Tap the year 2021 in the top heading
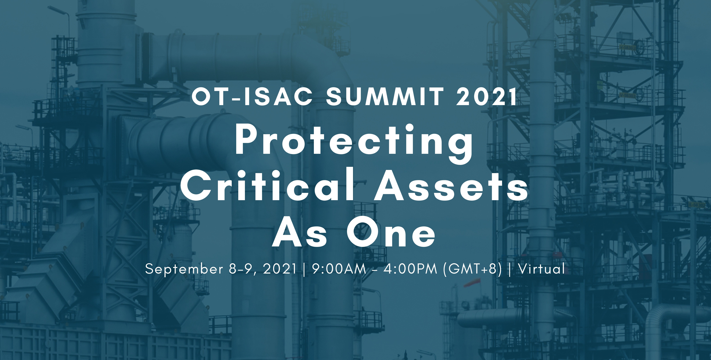point(487,97)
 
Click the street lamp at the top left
point(59,11)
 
